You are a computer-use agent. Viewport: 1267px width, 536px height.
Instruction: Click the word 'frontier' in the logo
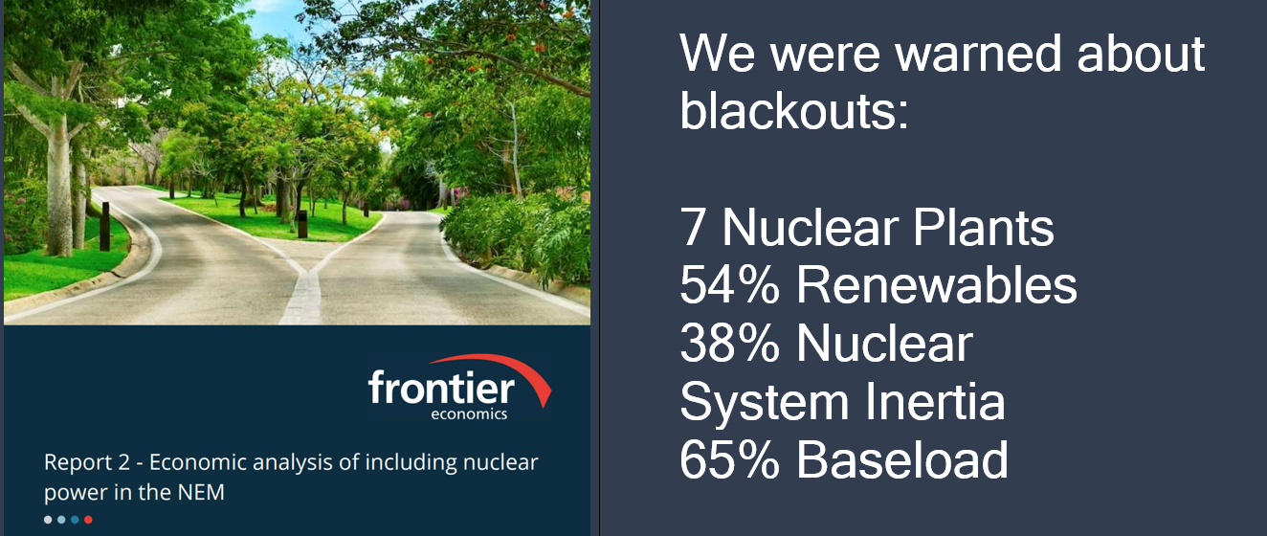tap(440, 390)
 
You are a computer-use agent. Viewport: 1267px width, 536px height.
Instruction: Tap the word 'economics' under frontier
tap(475, 414)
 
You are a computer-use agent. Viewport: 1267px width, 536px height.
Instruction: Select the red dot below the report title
tap(88, 520)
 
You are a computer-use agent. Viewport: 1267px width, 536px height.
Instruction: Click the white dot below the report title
tap(48, 520)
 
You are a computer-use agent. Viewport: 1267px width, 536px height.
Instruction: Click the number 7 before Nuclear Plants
tap(695, 228)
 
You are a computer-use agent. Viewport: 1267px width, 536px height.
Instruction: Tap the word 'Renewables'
tap(936, 285)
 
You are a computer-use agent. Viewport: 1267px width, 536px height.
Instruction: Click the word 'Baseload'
tap(902, 459)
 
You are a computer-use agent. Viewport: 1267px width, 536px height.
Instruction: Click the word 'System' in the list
tap(764, 401)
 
